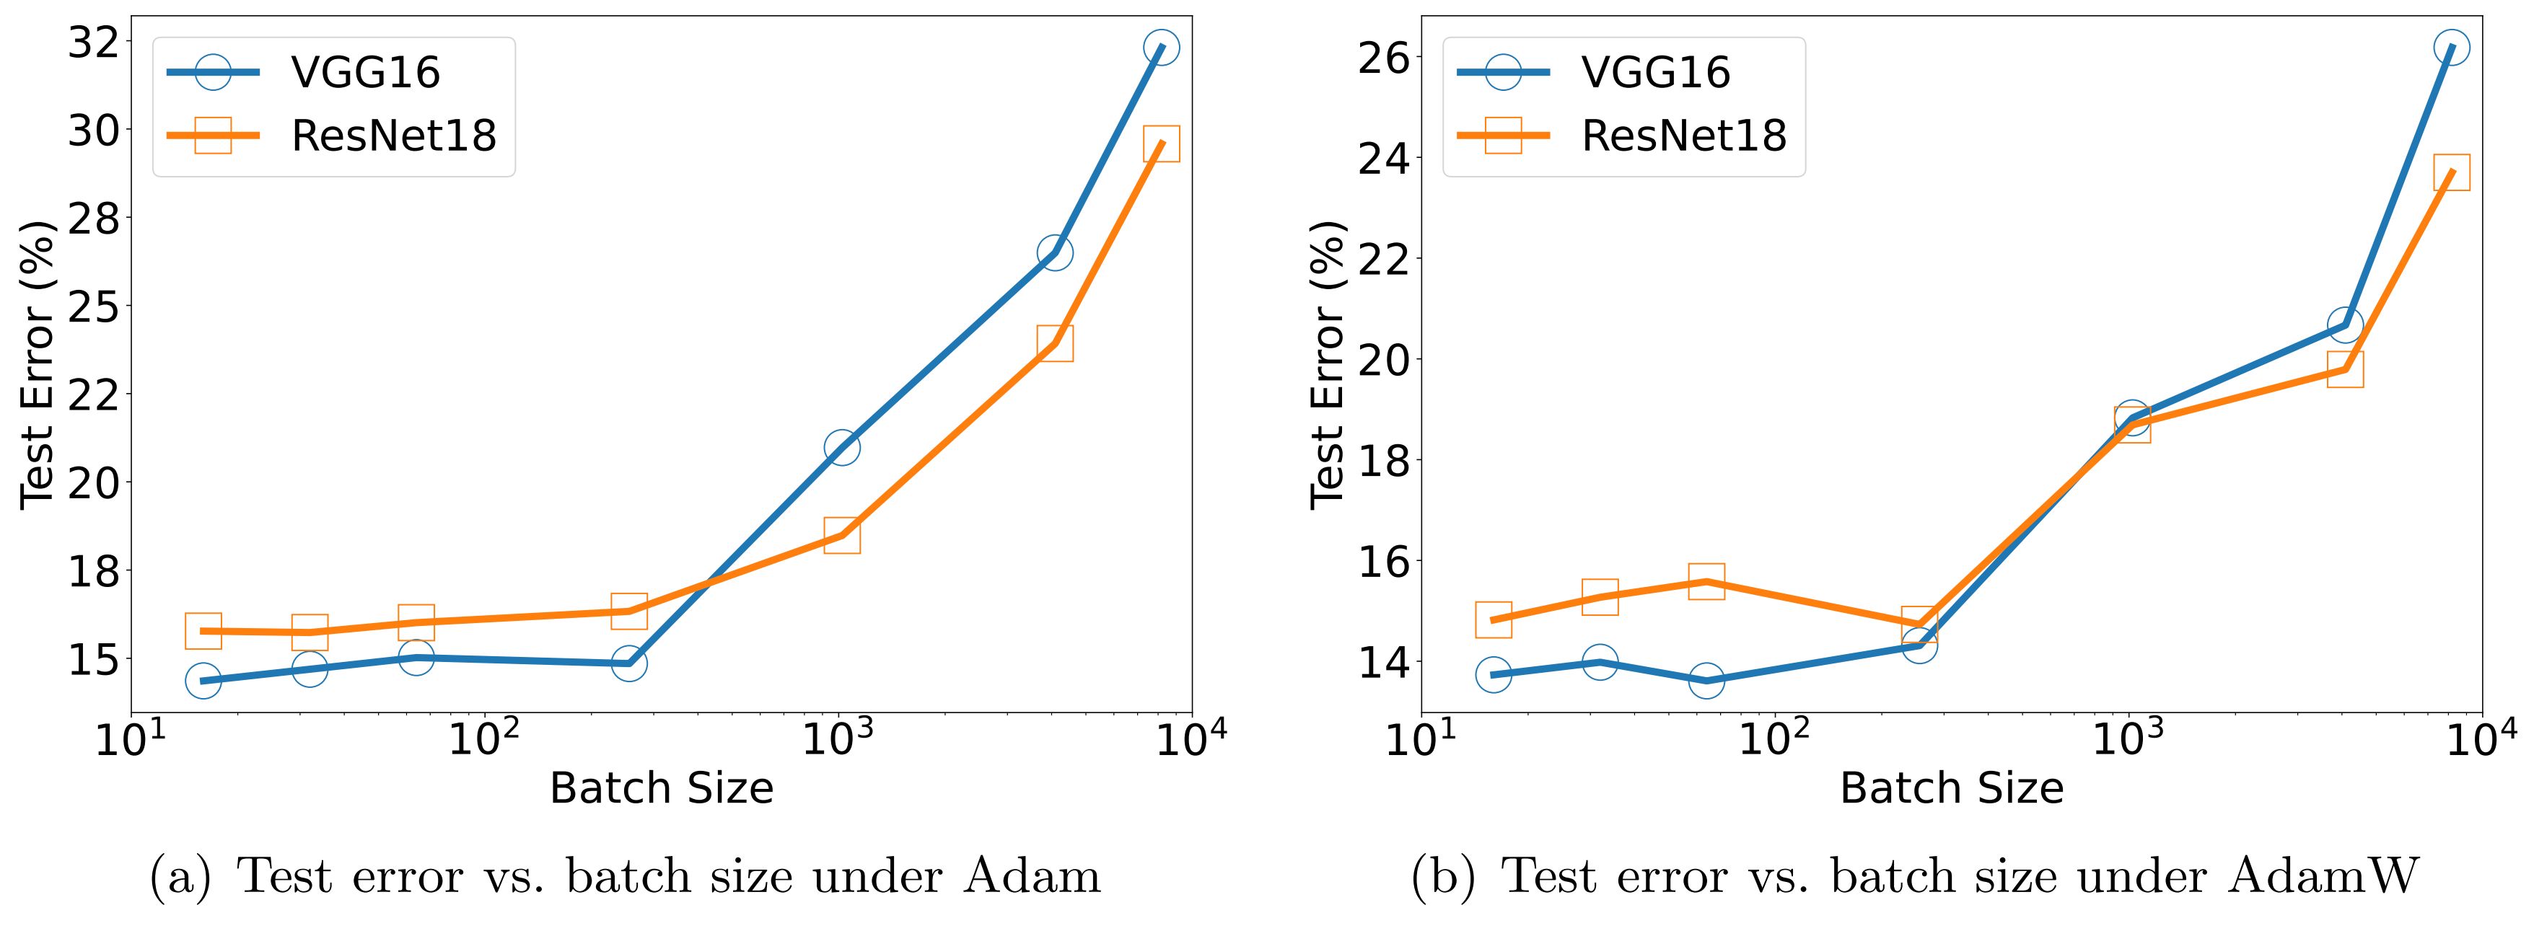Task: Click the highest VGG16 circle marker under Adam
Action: coord(1161,47)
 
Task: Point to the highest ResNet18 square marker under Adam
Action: coord(1161,144)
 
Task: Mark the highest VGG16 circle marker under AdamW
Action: coord(2451,47)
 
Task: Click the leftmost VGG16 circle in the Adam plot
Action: coord(203,681)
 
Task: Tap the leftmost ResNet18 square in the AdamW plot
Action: coord(1494,619)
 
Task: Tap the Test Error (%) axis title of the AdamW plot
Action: coord(1327,364)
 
